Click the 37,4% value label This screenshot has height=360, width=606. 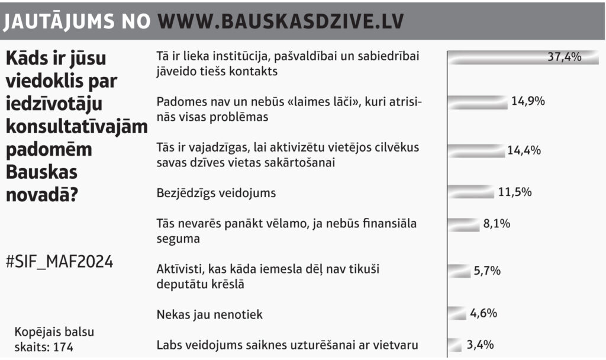(565, 57)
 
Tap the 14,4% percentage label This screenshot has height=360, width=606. (524, 150)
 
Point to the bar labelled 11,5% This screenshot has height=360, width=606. (471, 192)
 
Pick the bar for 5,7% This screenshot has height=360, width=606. (459, 271)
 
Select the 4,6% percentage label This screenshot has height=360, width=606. (483, 313)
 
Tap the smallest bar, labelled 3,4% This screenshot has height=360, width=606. (454, 345)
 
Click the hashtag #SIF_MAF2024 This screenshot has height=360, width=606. (59, 261)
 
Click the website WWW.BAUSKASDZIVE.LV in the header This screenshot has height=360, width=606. (281, 21)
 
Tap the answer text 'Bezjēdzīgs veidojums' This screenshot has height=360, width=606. (217, 193)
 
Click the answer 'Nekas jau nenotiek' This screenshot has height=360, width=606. (209, 314)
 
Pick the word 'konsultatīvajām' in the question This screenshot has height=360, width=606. (76, 126)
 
